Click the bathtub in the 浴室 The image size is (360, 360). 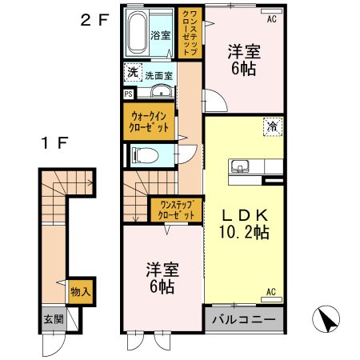coord(138,33)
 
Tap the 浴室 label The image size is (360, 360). coord(161,35)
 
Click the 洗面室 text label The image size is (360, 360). coord(159,74)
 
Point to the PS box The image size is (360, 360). coord(129,94)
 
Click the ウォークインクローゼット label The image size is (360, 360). coord(150,122)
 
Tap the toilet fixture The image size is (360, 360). coord(146,154)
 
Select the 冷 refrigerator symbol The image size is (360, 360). coord(272,126)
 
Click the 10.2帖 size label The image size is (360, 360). coord(243,233)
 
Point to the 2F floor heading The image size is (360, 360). coord(94,22)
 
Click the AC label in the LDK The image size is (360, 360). coord(270,291)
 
